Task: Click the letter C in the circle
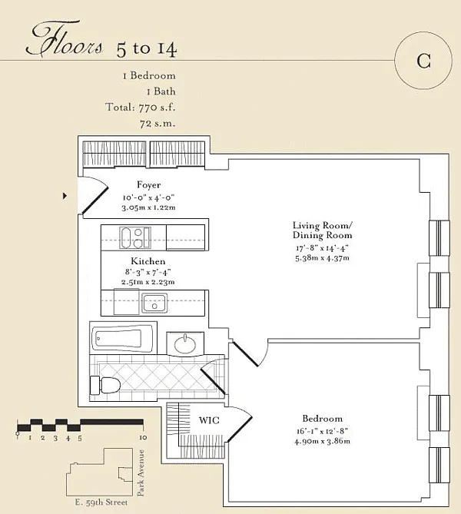(x=423, y=61)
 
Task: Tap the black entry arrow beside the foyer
(x=65, y=196)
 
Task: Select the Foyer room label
(x=149, y=185)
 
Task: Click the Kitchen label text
(x=148, y=261)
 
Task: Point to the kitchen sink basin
(x=154, y=303)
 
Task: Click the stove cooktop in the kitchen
(x=135, y=237)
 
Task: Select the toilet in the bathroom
(x=105, y=385)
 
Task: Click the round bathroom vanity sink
(x=185, y=344)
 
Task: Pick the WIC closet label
(x=209, y=420)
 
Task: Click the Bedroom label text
(x=322, y=419)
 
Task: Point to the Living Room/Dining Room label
(x=322, y=230)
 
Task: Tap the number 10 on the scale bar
(x=143, y=437)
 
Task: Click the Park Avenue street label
(x=141, y=473)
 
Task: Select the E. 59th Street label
(x=101, y=502)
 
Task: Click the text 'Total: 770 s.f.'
(x=141, y=108)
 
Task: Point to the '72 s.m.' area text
(x=158, y=123)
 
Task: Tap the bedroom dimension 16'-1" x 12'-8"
(x=322, y=431)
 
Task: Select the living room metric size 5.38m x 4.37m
(x=322, y=257)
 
